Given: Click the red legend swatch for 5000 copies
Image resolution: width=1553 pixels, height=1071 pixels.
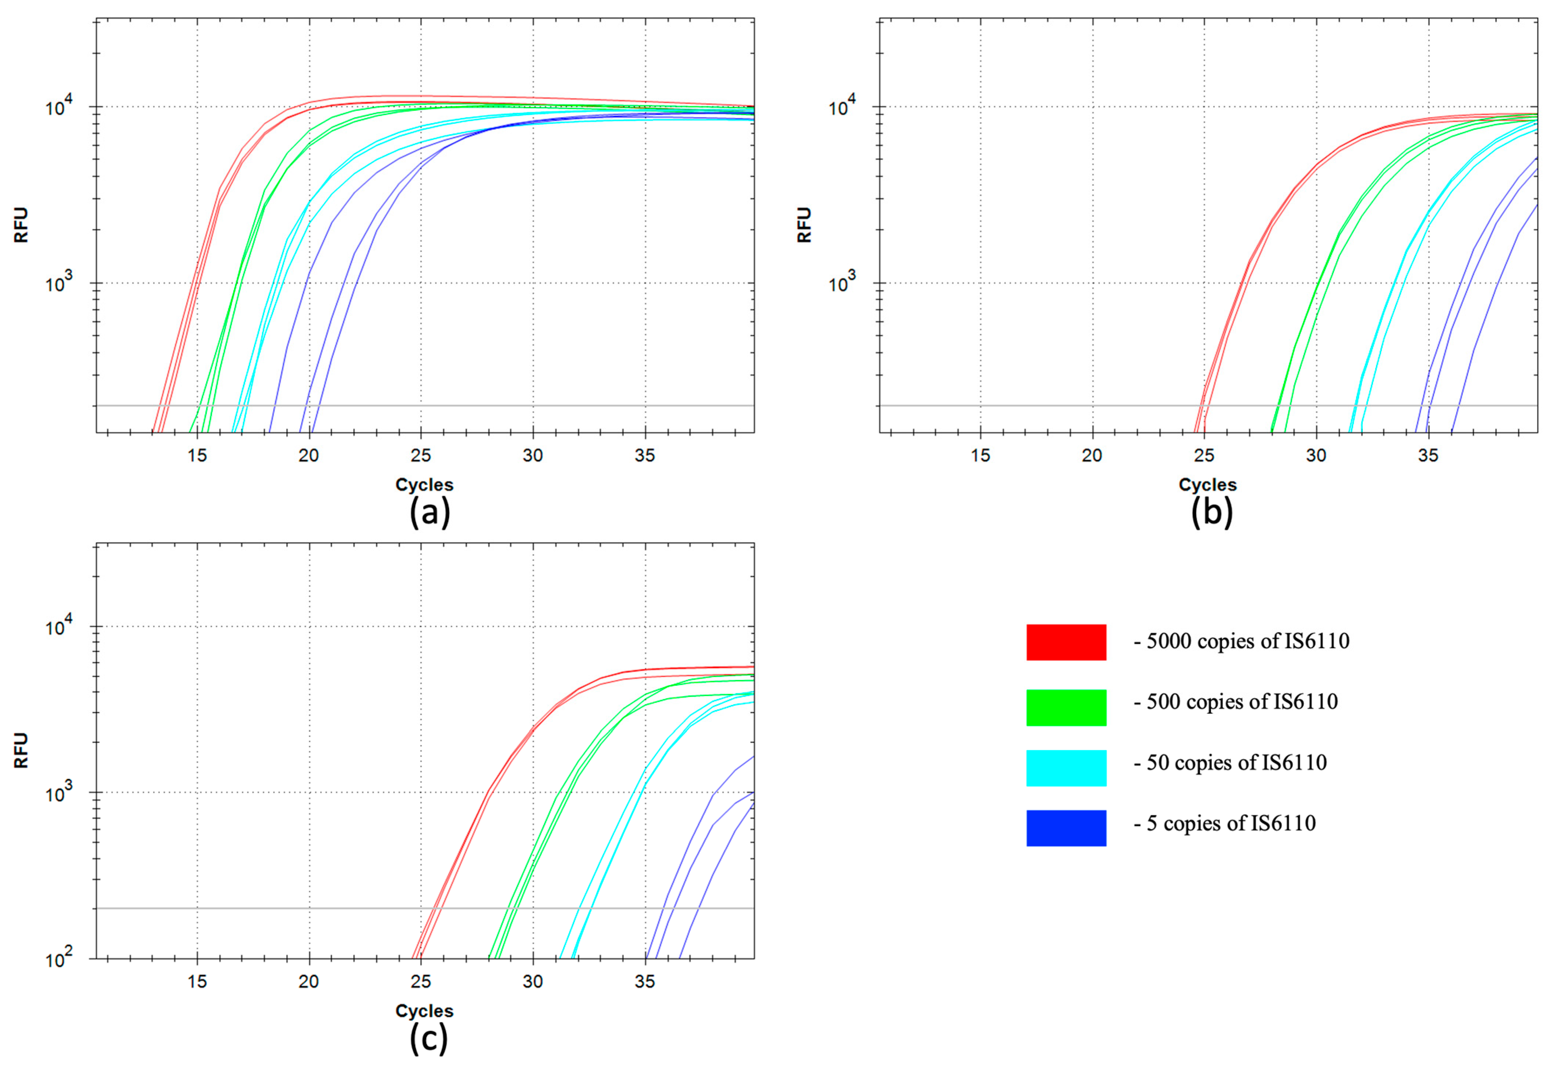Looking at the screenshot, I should click(x=1066, y=642).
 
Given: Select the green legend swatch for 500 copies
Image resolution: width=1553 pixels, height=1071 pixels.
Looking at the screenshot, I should click(x=1066, y=707).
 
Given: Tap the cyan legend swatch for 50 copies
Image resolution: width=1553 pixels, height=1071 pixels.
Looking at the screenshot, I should click(x=1066, y=768).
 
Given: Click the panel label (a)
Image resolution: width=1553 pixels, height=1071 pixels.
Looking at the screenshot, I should click(x=429, y=513).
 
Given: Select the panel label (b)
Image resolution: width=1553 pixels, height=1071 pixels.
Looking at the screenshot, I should click(x=1211, y=513).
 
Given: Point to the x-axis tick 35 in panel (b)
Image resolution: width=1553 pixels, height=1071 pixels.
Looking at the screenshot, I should click(x=1428, y=455).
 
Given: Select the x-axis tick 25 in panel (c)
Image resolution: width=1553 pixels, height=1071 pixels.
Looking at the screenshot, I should click(x=421, y=982).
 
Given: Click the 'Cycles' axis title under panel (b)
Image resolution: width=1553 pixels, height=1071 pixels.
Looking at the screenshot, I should click(x=1207, y=485).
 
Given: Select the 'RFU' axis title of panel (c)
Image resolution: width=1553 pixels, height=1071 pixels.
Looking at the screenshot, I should click(x=21, y=750).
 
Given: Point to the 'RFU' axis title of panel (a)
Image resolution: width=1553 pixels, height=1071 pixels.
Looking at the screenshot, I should click(x=21, y=225).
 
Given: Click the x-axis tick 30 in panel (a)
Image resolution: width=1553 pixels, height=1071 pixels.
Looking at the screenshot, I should click(x=533, y=455).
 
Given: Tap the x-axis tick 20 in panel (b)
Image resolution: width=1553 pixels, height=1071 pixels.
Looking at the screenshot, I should click(x=1092, y=455).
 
